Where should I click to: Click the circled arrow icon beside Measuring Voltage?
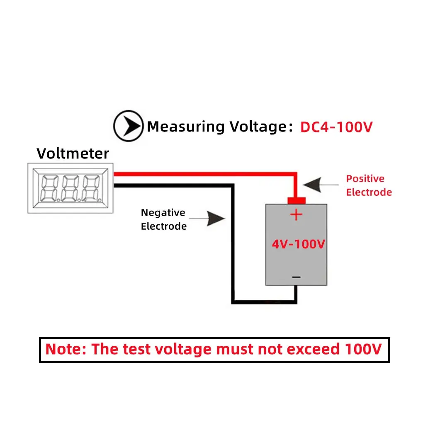[x=129, y=126]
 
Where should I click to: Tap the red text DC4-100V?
[x=336, y=127]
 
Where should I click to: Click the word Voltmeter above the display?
[x=73, y=153]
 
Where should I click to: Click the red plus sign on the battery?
[x=296, y=215]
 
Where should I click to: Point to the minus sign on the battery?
[x=296, y=277]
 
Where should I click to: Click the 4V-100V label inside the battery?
[x=298, y=244]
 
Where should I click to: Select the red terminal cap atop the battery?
[x=296, y=201]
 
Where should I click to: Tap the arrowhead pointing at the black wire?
[x=215, y=218]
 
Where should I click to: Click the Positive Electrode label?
[x=368, y=185]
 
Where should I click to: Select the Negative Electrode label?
[x=163, y=219]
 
